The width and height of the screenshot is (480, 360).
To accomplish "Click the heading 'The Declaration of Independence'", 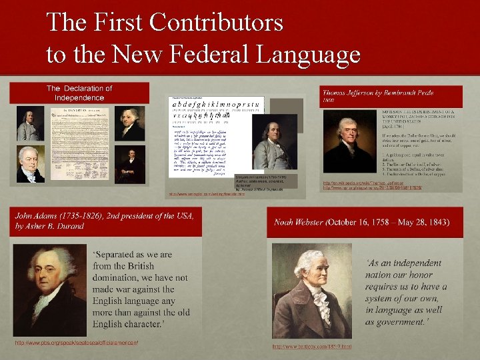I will [79, 93].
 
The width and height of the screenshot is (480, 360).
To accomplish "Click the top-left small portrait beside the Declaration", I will [29, 125].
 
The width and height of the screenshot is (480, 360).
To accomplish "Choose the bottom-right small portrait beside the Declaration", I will [130, 165].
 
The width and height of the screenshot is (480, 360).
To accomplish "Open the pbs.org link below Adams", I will [76, 343].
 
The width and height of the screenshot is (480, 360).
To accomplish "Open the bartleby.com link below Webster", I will [311, 347].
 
